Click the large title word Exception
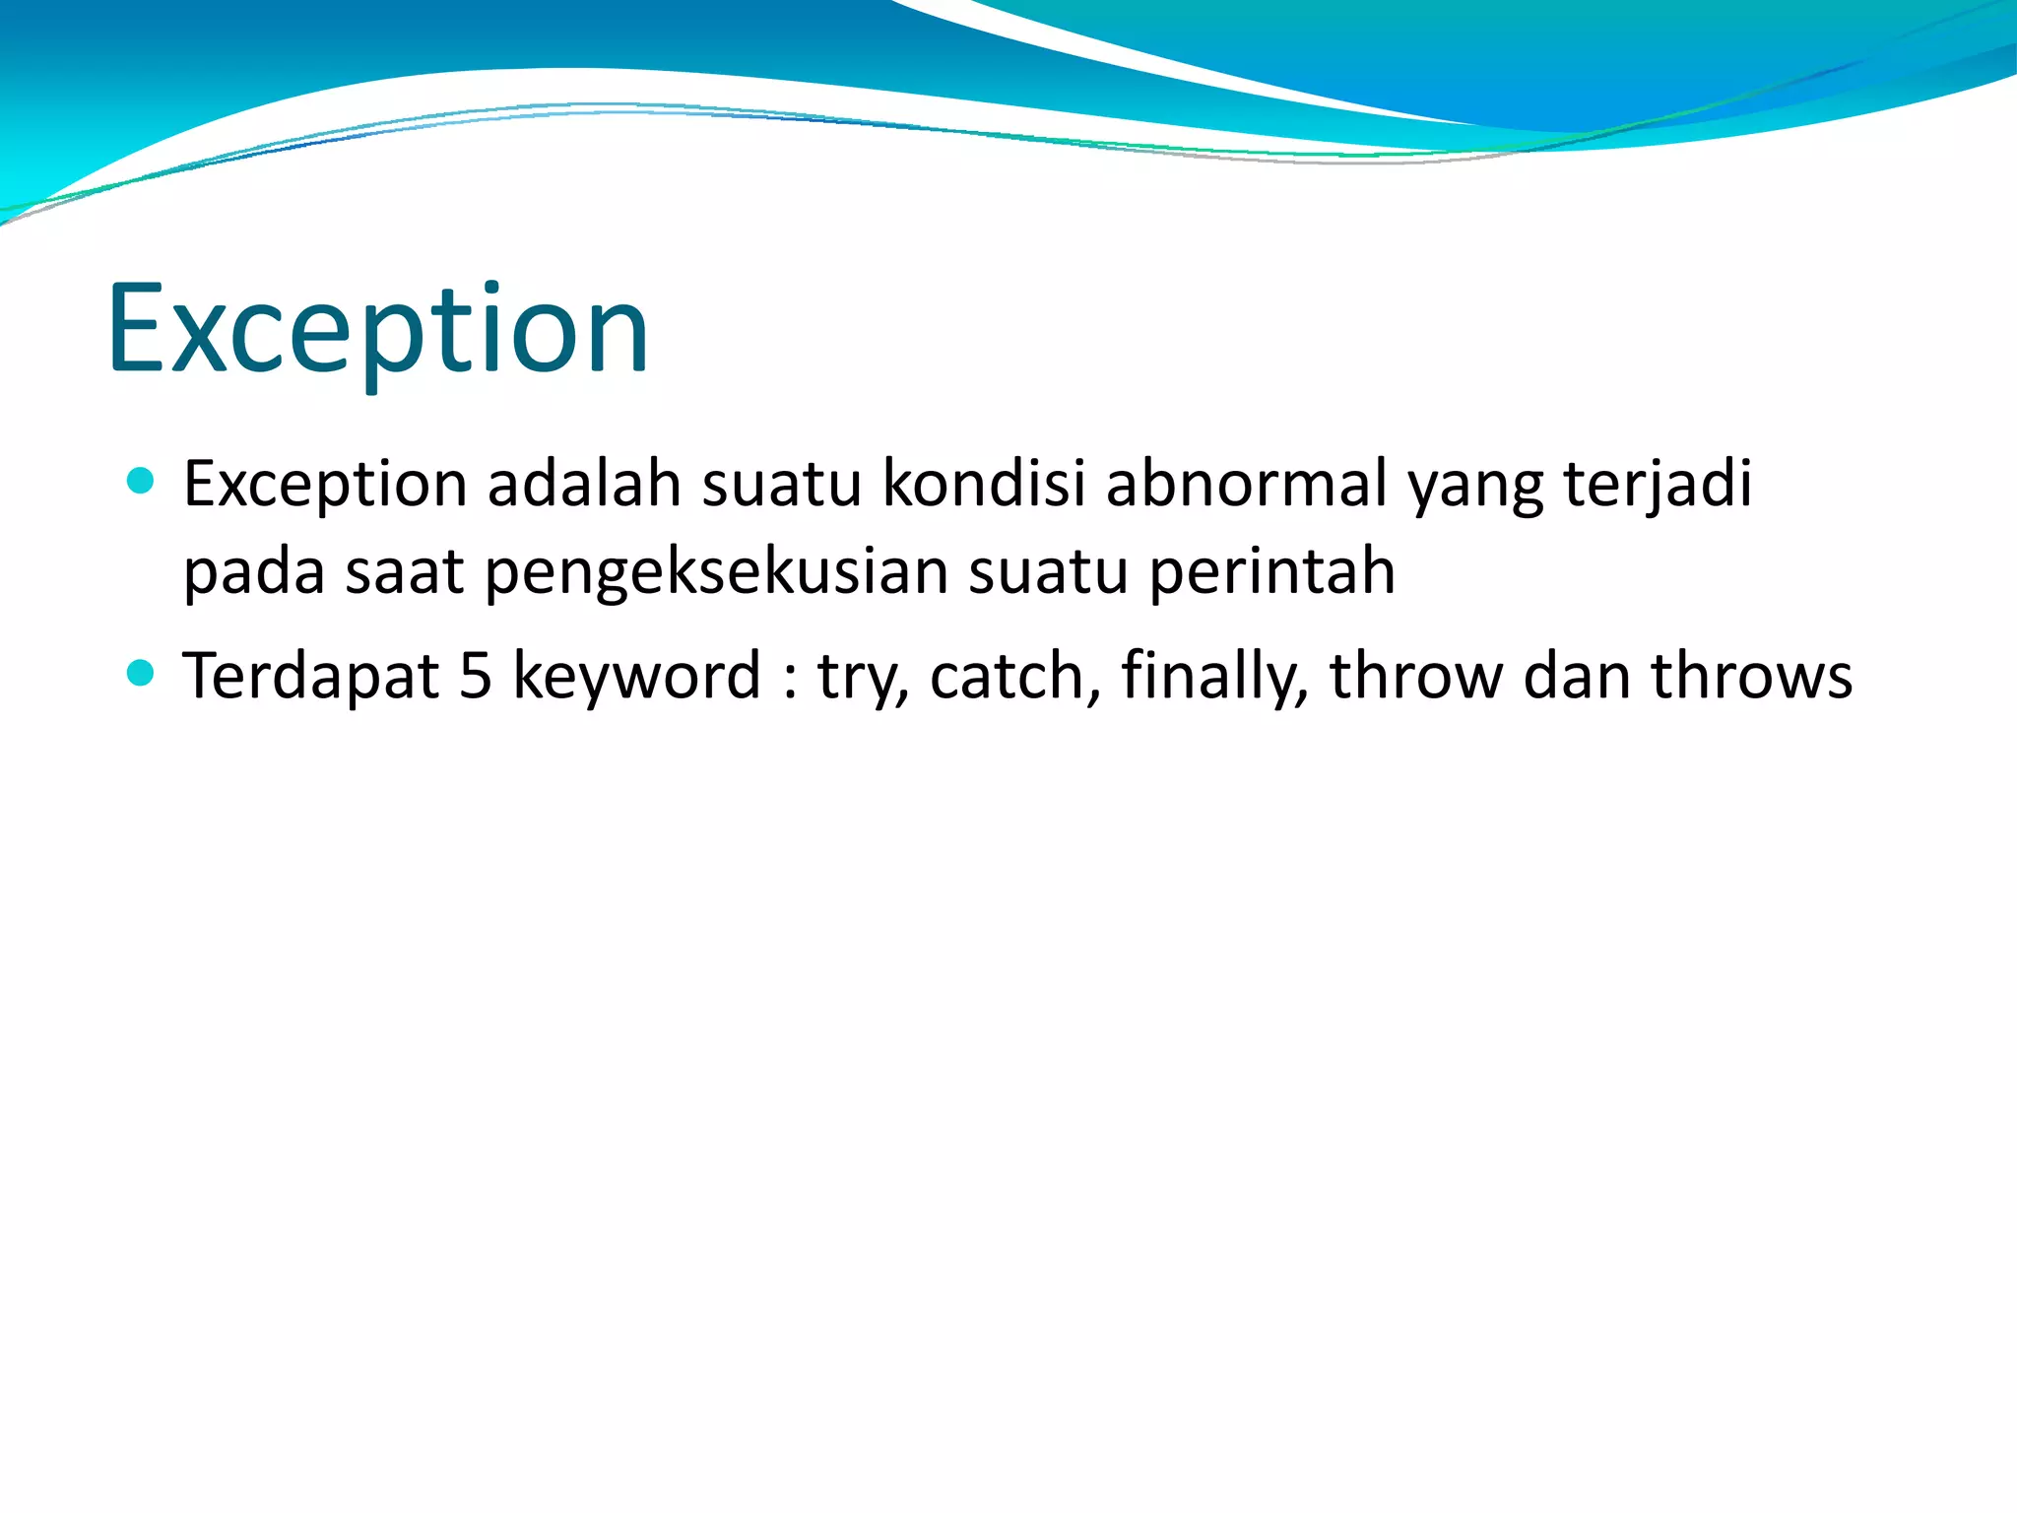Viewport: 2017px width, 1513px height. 378,330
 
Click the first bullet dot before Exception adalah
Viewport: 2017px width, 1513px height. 142,481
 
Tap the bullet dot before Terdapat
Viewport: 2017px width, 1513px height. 142,673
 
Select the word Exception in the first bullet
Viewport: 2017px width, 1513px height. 325,485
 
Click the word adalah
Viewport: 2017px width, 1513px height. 584,485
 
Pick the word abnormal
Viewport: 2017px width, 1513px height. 1246,485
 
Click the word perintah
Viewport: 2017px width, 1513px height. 1271,571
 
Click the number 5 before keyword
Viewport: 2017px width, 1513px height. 476,677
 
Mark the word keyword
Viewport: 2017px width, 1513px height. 637,678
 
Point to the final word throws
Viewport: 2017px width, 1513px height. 1751,677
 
